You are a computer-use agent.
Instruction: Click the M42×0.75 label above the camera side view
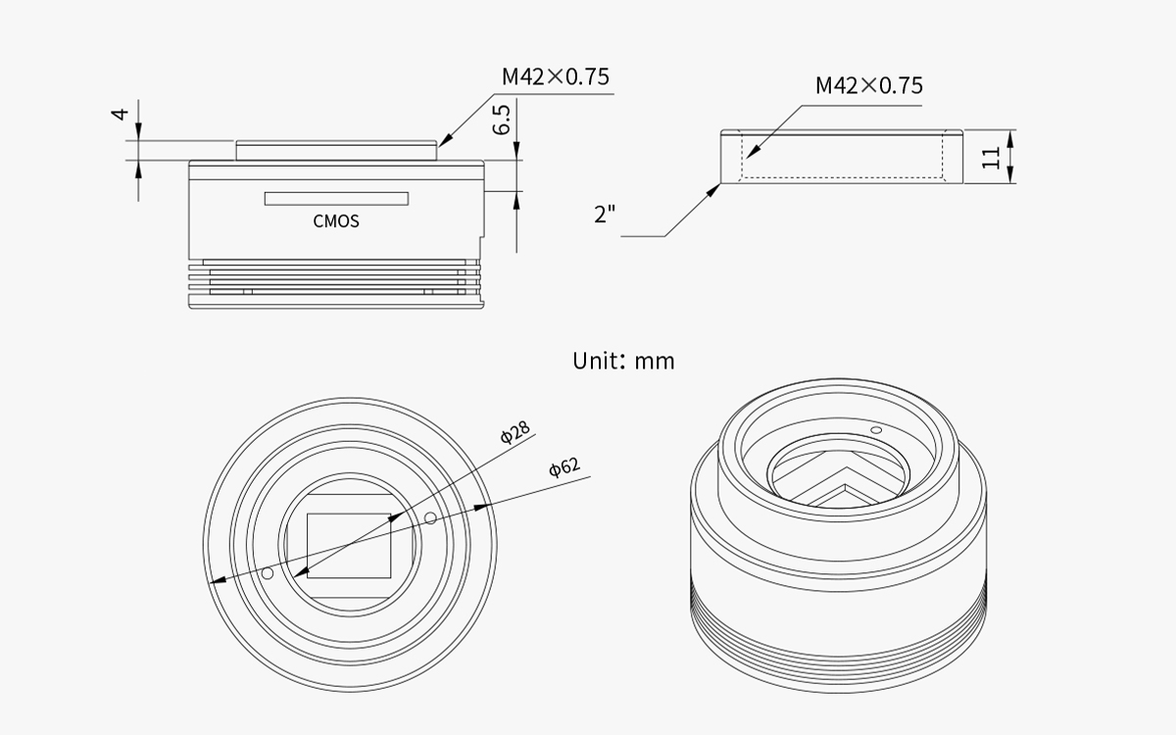point(556,76)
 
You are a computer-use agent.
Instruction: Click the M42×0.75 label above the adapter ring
point(869,85)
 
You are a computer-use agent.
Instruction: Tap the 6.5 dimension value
point(502,120)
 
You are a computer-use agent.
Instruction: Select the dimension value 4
point(121,114)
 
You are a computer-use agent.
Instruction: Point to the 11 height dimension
point(991,158)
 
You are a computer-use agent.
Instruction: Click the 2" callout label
point(605,215)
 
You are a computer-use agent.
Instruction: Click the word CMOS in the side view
point(336,221)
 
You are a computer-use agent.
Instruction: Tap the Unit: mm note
point(623,362)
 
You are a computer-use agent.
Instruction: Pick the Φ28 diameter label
point(515,432)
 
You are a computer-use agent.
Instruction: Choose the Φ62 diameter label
point(564,466)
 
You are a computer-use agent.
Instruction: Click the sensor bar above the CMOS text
point(336,198)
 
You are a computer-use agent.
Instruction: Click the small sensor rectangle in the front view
point(349,546)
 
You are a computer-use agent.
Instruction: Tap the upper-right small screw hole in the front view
point(430,518)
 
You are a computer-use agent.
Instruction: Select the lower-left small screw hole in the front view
point(268,573)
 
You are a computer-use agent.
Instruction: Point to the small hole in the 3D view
point(876,430)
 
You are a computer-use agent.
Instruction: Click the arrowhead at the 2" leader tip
point(714,189)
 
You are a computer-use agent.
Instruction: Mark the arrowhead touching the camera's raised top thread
point(445,140)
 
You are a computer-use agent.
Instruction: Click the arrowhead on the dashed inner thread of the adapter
point(753,151)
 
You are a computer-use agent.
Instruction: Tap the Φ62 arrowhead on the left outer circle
point(218,579)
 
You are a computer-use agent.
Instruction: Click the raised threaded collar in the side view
point(336,150)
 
